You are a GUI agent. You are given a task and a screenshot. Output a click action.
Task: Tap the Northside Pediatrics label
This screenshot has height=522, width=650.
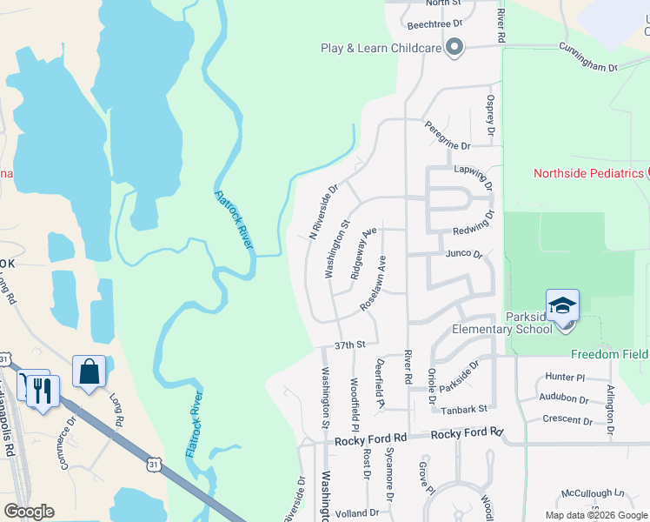(x=587, y=173)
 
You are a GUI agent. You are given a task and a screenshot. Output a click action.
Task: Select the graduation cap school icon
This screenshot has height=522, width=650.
(x=562, y=307)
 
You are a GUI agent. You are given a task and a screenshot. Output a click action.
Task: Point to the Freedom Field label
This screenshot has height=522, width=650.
(x=609, y=354)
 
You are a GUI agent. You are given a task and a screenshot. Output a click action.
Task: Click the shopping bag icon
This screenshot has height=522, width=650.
(x=90, y=372)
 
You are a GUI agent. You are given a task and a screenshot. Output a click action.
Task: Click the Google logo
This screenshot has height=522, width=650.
(x=30, y=512)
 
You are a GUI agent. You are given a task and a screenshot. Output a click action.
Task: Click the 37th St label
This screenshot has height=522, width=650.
(x=348, y=345)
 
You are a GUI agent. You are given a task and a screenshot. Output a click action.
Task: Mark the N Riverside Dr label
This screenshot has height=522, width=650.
(x=324, y=211)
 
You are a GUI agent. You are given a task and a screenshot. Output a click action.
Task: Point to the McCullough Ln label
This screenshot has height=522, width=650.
(x=593, y=493)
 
